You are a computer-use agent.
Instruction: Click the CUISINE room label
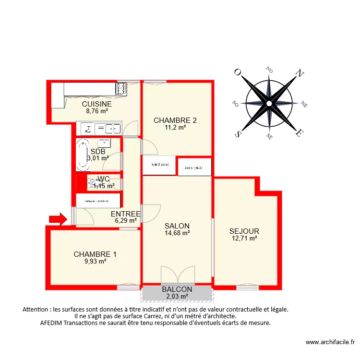coord(96,104)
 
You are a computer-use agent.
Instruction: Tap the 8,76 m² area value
coord(96,111)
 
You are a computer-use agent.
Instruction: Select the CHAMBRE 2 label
coord(175,120)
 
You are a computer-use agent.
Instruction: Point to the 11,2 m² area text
coord(175,128)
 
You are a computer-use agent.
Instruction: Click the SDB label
coord(98,151)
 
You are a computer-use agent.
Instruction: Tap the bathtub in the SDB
coord(83,155)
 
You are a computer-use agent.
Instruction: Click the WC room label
coord(103,179)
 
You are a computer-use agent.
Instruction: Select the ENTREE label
coord(125,214)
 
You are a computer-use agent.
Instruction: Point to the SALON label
coord(177,226)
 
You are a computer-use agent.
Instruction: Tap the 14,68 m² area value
coord(177,233)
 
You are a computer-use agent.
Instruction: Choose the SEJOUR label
coord(244,231)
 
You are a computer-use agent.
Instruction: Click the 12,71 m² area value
coord(244,239)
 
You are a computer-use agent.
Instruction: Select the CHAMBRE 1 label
coord(95,254)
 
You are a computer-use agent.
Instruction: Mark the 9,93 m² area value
coord(95,262)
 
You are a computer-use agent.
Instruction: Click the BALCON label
coord(177,289)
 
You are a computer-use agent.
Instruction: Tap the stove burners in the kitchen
coord(120,88)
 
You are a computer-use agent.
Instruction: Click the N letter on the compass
coord(300,73)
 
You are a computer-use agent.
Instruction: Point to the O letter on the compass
coord(237,72)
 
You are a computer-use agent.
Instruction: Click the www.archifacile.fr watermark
coord(330,342)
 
